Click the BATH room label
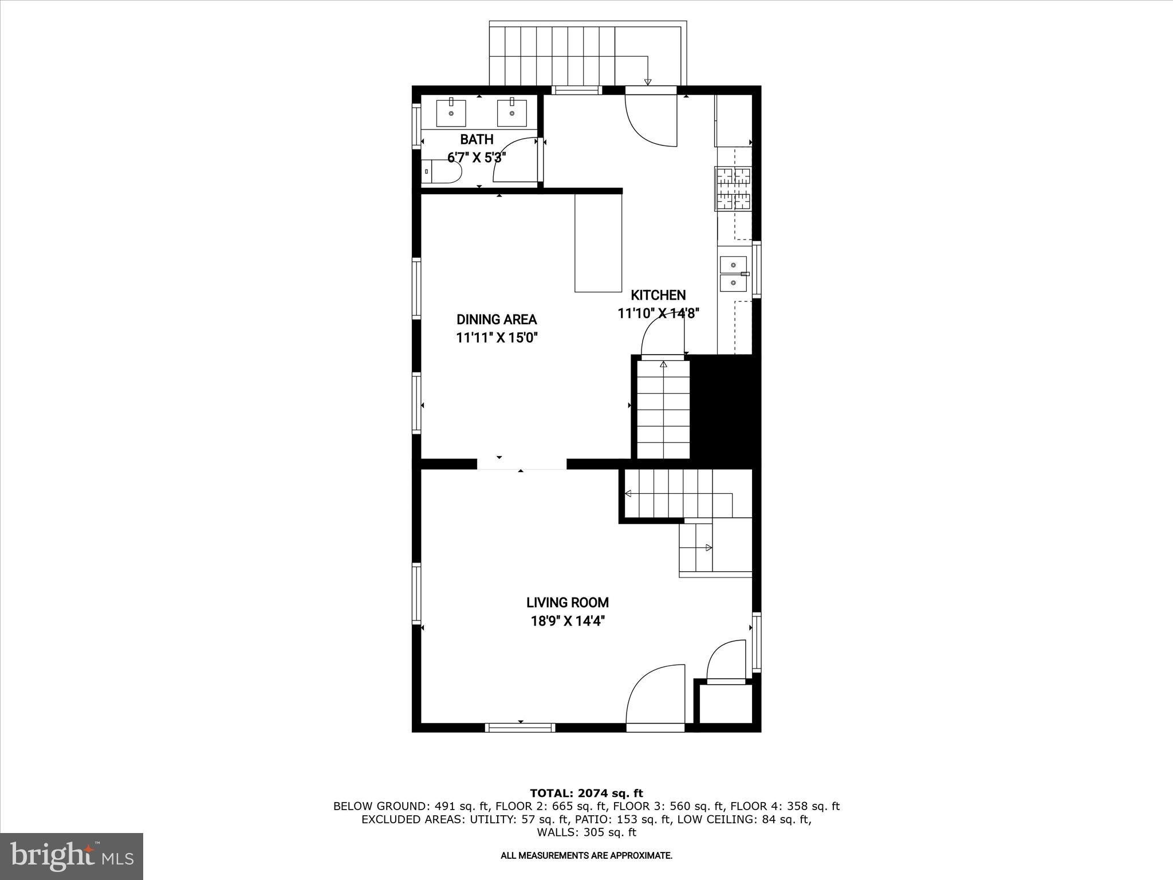coord(477,139)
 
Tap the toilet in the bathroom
coord(444,171)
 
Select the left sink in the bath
coord(451,112)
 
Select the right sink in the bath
coord(511,112)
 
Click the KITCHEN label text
coord(658,295)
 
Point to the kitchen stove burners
coord(733,188)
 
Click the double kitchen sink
coord(734,274)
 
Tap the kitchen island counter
coord(598,243)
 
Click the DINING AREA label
coord(497,320)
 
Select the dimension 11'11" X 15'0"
coord(497,338)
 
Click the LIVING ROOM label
coord(567,603)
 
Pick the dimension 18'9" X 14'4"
coord(567,621)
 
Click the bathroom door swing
coord(515,160)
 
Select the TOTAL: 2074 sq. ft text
coord(586,793)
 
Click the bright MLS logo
coord(72,856)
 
